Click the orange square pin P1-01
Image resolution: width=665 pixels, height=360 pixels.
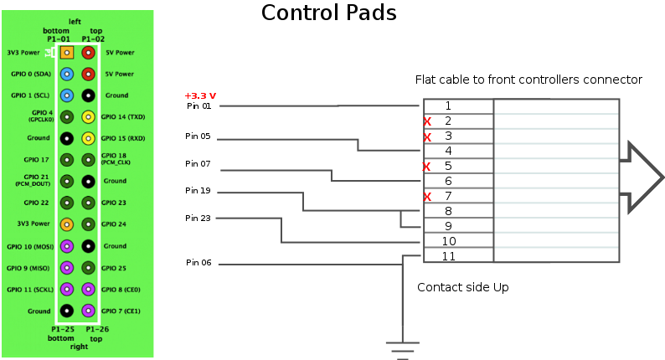click(67, 53)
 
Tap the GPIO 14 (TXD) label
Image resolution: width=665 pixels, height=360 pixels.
click(123, 116)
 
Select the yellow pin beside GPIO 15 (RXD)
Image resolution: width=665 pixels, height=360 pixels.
click(88, 138)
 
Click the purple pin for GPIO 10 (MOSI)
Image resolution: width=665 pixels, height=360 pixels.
click(67, 246)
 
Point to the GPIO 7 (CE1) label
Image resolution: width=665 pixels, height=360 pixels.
click(121, 311)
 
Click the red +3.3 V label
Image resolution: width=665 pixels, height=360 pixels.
click(200, 96)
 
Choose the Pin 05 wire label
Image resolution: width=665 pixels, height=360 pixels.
click(198, 136)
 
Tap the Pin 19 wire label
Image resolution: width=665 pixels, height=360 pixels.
click(198, 190)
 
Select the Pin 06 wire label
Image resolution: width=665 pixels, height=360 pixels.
click(198, 263)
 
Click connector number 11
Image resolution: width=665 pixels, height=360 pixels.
click(449, 256)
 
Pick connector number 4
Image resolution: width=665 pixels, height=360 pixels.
click(448, 151)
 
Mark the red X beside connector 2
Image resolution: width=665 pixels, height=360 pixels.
click(427, 121)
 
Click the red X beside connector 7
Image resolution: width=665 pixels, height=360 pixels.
click(427, 197)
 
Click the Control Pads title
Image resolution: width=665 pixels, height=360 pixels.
click(328, 13)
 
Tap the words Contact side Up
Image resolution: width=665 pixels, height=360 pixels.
click(462, 287)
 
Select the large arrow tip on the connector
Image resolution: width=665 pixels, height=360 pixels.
click(662, 177)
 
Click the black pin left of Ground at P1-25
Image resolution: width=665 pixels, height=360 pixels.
click(67, 311)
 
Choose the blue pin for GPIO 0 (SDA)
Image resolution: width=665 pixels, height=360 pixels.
click(67, 75)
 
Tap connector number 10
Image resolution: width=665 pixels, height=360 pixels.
click(449, 241)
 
